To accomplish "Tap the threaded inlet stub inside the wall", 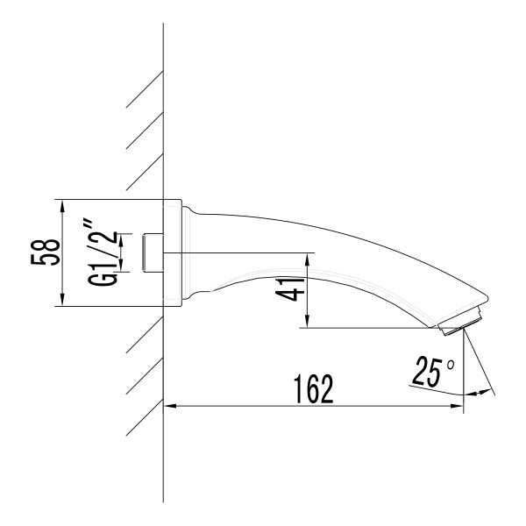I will coord(153,252).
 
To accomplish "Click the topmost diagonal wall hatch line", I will coord(145,88).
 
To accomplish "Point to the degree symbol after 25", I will coord(451,362).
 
